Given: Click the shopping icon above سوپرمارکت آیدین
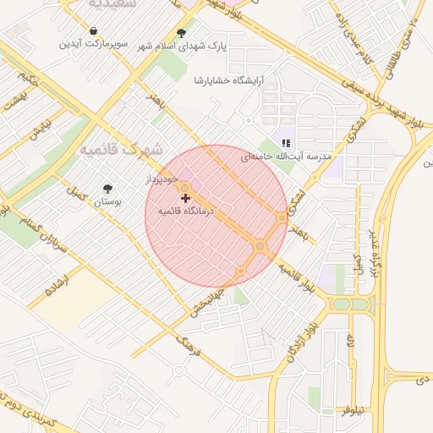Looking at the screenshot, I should (92, 31).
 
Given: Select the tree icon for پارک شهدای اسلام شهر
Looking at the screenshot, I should (181, 33).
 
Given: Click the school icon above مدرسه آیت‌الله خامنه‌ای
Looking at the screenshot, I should (287, 143).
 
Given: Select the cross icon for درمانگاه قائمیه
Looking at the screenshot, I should (185, 197).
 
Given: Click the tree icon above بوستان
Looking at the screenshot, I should (107, 189).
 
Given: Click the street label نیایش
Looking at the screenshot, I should (41, 129).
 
